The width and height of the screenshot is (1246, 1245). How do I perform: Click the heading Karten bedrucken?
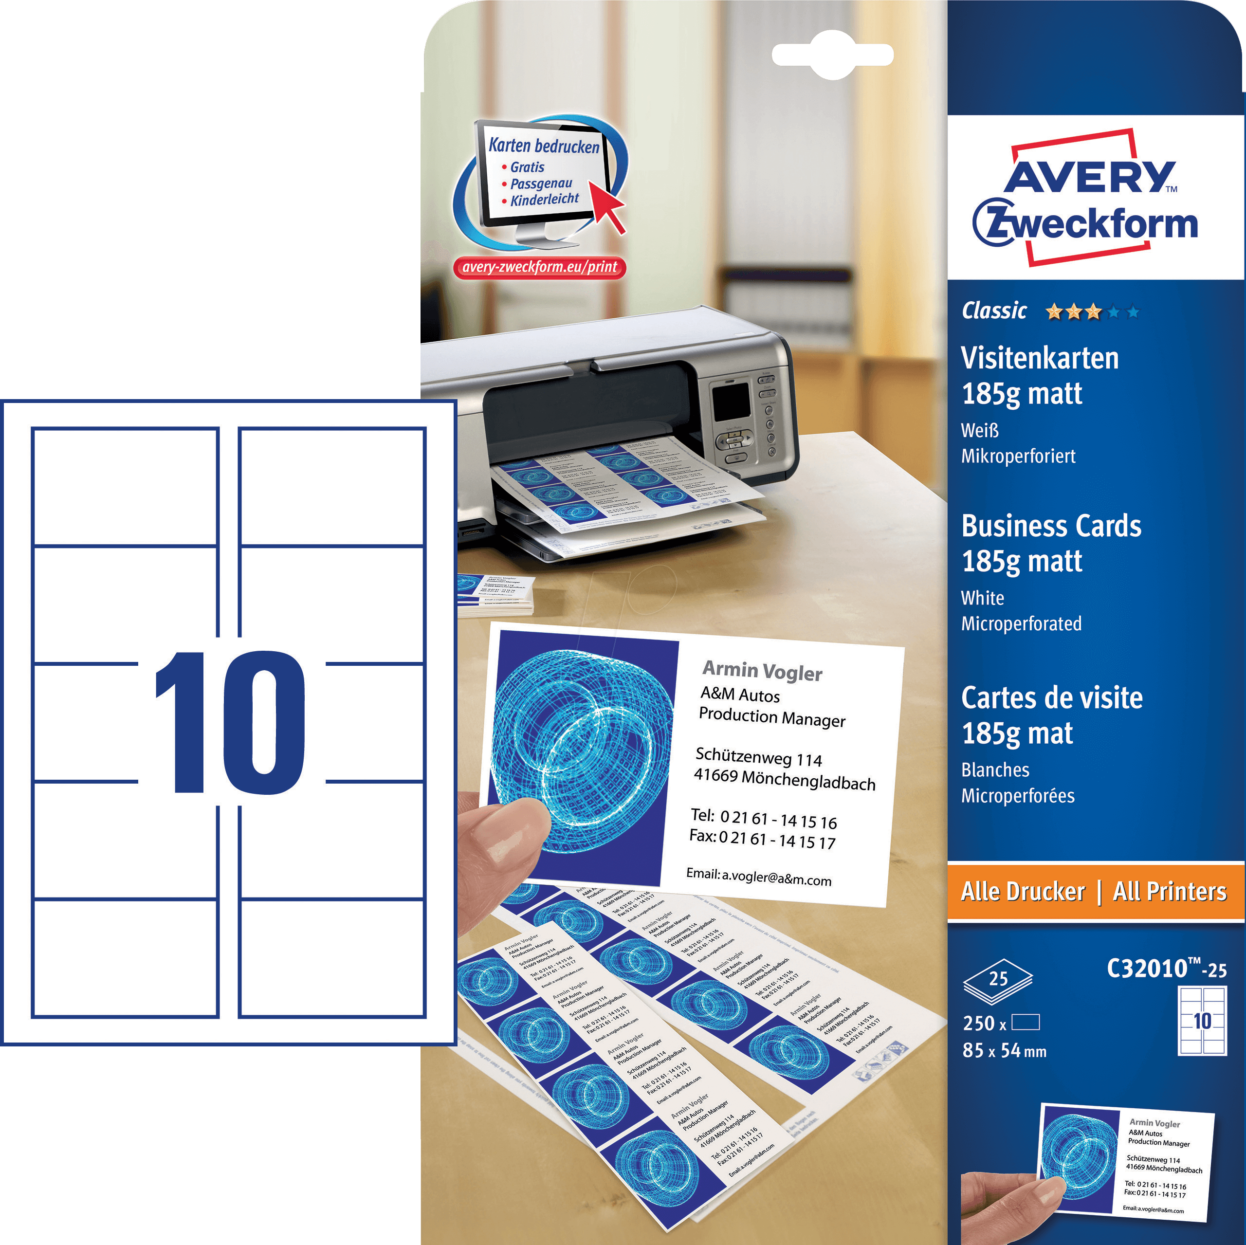tap(544, 146)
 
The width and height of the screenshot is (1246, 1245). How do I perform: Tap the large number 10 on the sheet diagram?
tap(230, 722)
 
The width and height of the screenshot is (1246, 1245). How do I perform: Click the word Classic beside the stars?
tap(994, 311)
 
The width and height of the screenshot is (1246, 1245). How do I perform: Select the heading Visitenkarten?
tap(1040, 358)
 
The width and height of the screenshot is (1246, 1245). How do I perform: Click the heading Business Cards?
tap(1051, 526)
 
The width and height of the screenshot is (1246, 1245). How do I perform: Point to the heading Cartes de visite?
tap(1052, 697)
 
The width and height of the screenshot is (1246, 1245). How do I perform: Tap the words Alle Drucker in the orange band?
tap(1023, 892)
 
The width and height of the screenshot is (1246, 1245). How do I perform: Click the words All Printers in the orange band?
tap(1169, 892)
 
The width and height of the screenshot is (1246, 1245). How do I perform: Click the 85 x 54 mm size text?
tap(1004, 1051)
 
